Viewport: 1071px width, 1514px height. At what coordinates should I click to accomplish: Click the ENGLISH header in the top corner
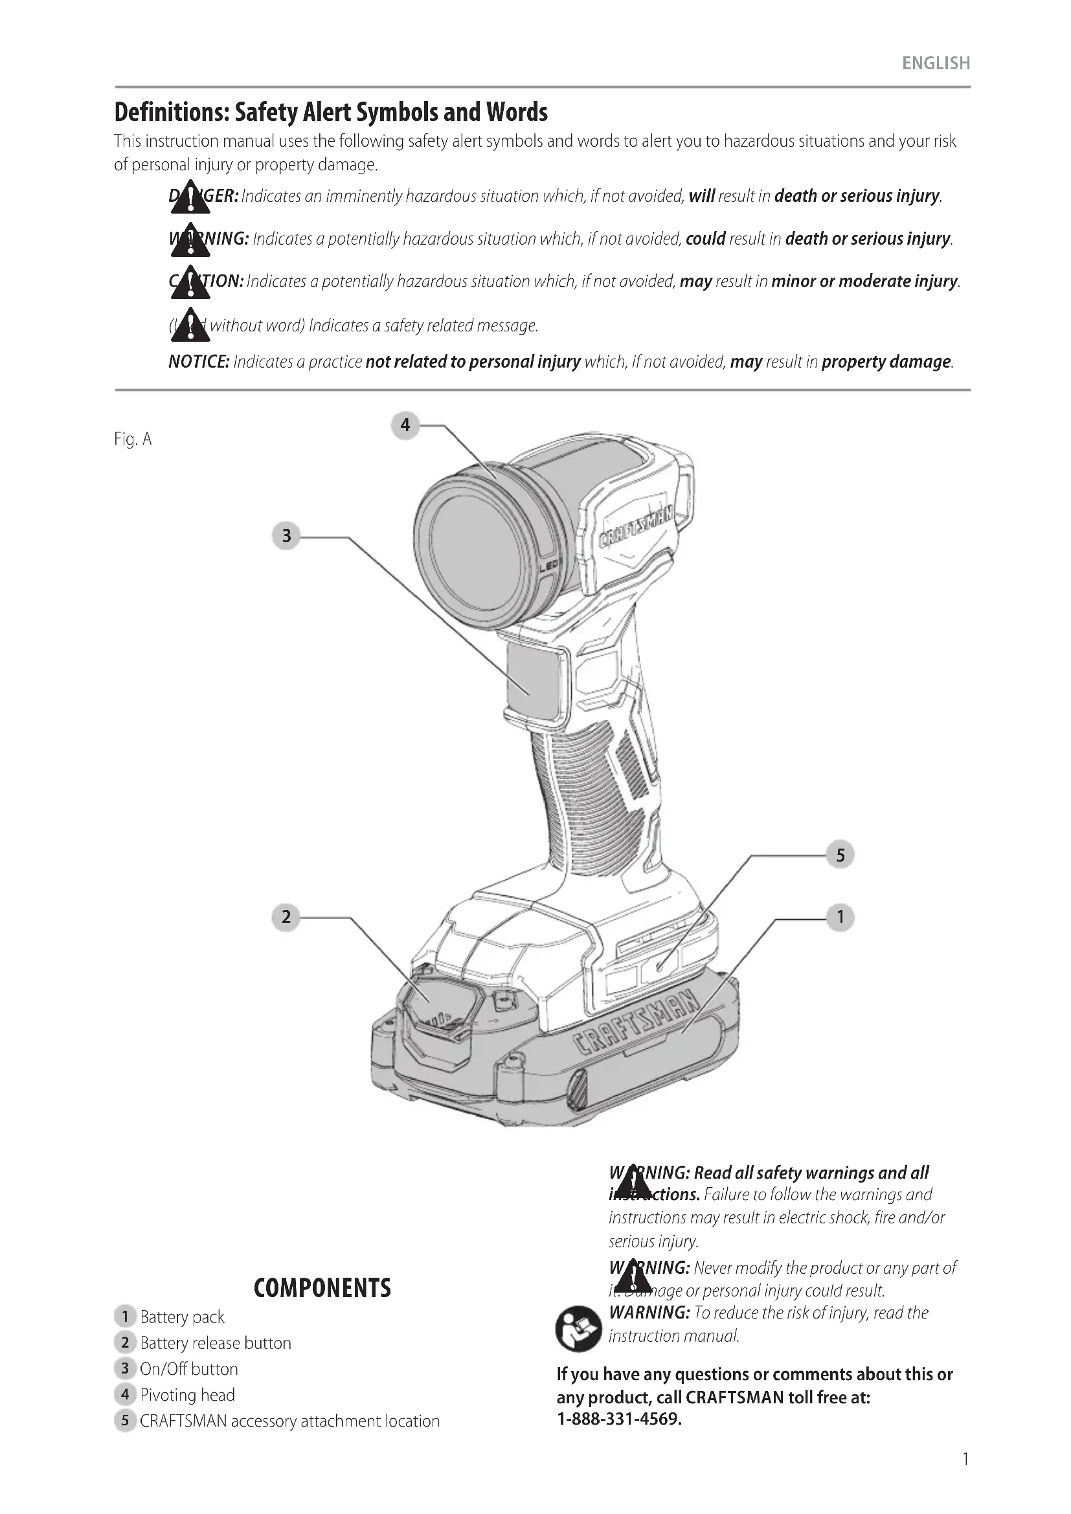tap(936, 63)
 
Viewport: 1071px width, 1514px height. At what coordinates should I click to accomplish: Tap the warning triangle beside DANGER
tap(190, 197)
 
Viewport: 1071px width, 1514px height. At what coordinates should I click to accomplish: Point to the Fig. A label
tap(133, 439)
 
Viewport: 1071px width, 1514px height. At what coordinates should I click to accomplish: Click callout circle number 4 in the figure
tap(405, 425)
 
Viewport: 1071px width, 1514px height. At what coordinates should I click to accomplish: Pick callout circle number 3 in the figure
tap(286, 535)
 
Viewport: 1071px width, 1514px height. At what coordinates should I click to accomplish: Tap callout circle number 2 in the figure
tap(286, 917)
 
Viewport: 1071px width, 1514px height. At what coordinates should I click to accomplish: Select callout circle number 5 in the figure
tap(840, 855)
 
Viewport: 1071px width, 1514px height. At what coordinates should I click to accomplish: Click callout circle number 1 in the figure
tap(840, 917)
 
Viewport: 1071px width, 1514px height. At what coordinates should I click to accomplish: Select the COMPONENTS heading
tap(322, 1288)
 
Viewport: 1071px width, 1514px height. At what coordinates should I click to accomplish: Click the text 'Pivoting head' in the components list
tap(187, 1395)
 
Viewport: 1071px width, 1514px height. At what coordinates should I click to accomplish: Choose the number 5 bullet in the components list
tap(124, 1420)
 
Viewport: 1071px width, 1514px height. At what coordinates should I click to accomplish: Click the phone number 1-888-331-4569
tap(618, 1418)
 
